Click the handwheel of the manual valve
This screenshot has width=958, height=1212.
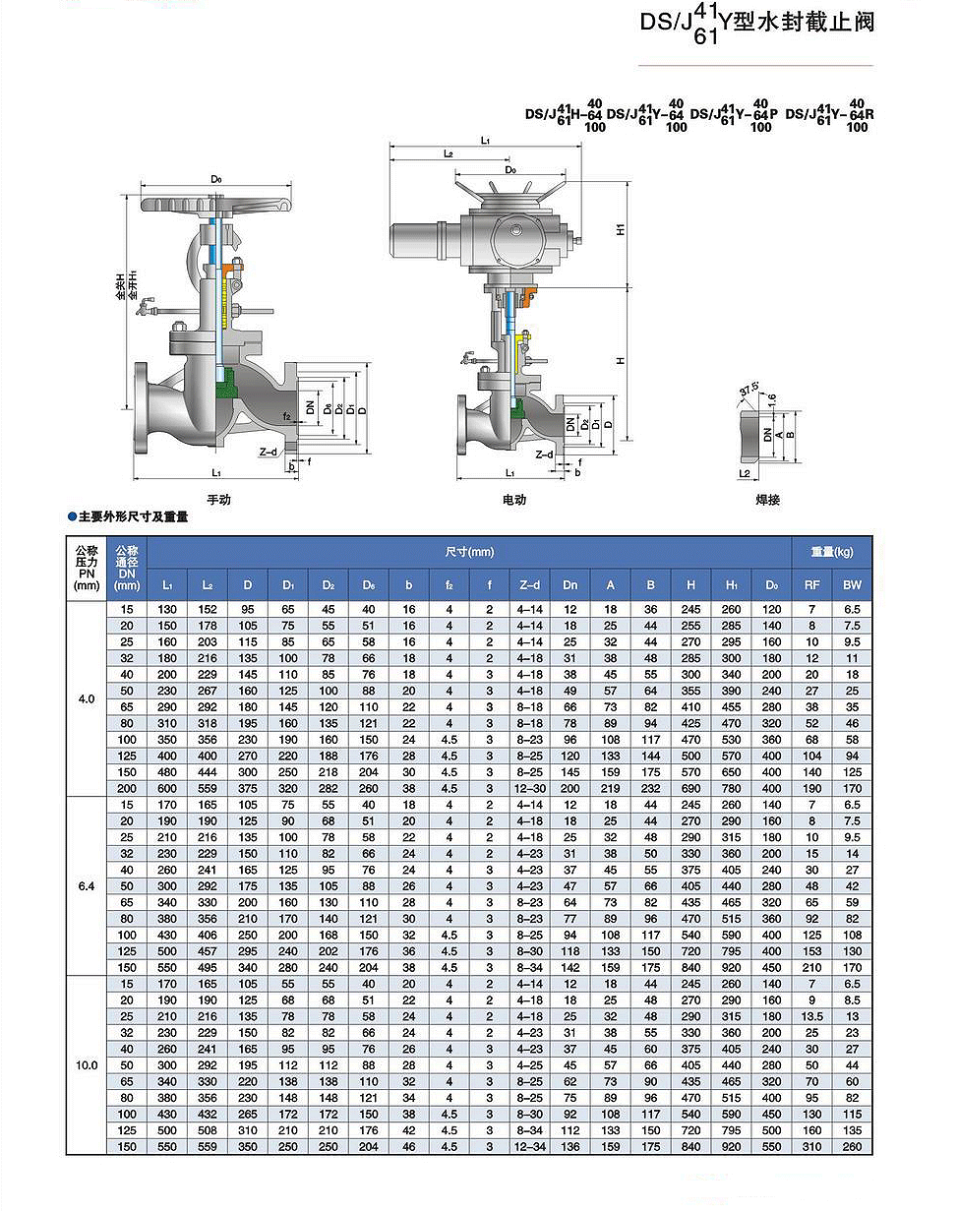tap(216, 206)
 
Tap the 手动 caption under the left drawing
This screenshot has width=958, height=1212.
tap(218, 500)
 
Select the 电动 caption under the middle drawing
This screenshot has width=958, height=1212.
tap(514, 500)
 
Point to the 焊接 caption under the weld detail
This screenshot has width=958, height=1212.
tap(767, 500)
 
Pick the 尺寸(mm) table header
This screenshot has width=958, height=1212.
tap(469, 552)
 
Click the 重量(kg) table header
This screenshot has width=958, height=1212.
tap(832, 552)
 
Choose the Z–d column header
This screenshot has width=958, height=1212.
tap(529, 585)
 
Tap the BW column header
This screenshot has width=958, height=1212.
tap(852, 585)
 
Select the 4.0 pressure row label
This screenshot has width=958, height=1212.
tap(87, 698)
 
